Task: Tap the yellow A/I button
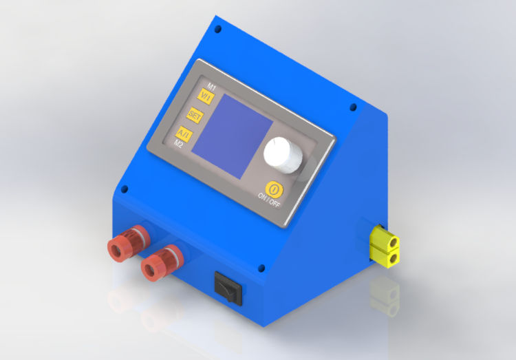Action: click(x=184, y=134)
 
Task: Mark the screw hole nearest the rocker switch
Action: click(x=261, y=267)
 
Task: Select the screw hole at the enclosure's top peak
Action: click(x=218, y=30)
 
